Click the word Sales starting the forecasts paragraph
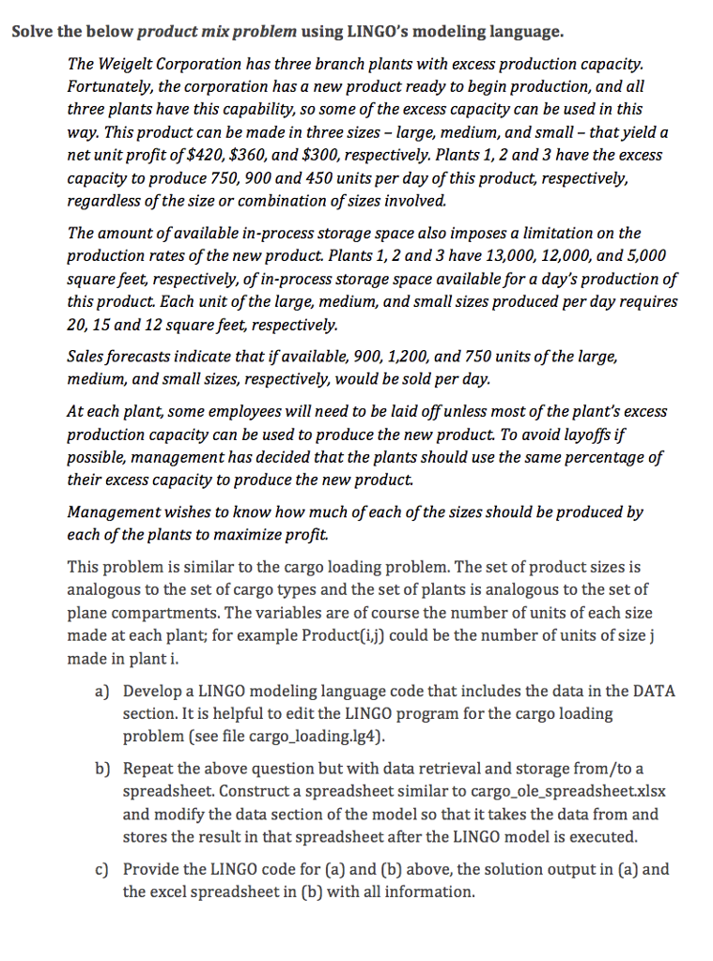[87, 358]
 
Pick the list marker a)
[103, 692]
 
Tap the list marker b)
[103, 769]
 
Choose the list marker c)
[103, 869]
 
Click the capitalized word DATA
[656, 692]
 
